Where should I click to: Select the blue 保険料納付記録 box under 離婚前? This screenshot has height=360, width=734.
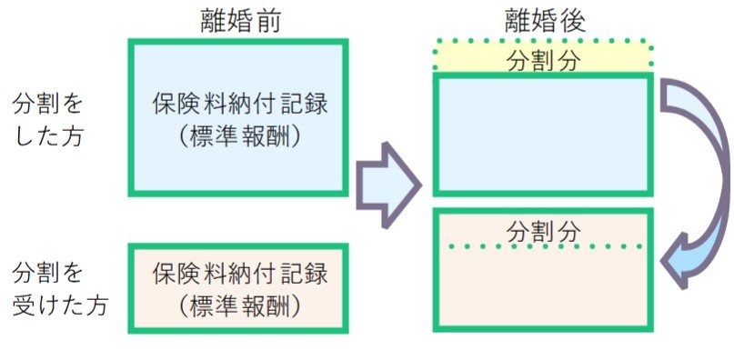click(238, 117)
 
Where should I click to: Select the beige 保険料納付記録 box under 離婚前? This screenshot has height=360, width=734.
click(238, 288)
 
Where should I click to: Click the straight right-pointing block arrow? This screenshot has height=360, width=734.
click(387, 184)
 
